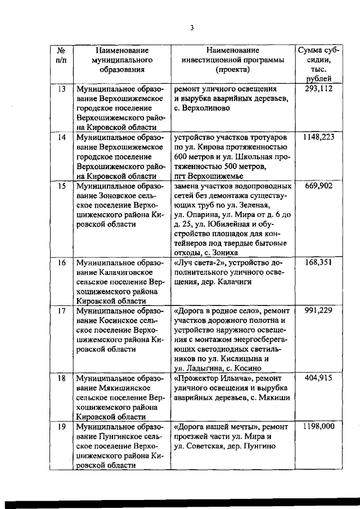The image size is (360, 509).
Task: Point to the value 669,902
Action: tap(319, 186)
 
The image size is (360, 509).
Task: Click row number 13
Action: tap(62, 89)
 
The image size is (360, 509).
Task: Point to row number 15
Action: tap(62, 186)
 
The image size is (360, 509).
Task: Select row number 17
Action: tap(62, 310)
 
